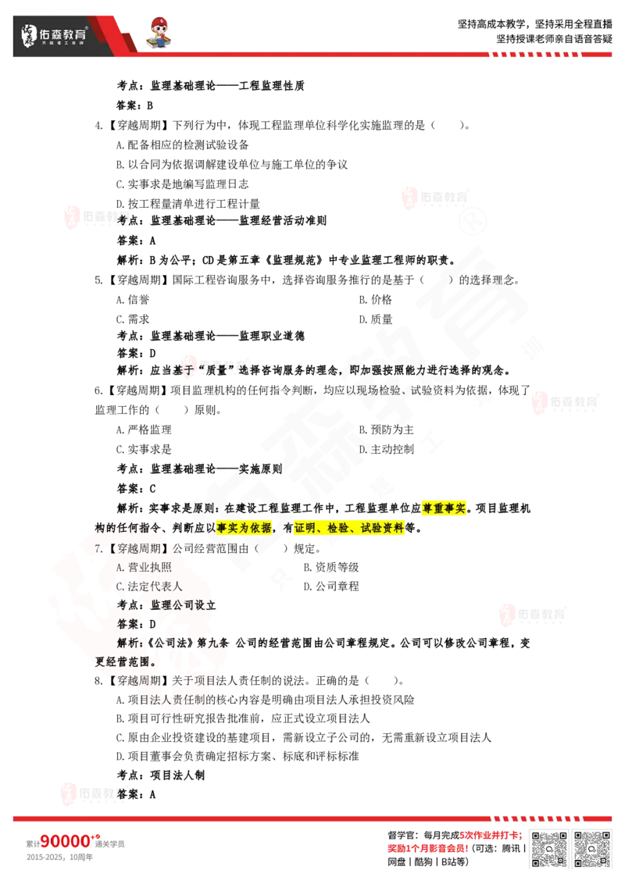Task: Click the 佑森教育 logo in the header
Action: click(x=54, y=35)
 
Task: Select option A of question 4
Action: click(x=182, y=145)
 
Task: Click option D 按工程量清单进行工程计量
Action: click(x=187, y=204)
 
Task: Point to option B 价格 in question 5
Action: click(x=375, y=299)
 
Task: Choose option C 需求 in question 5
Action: click(x=133, y=319)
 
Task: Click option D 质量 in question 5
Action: click(x=375, y=319)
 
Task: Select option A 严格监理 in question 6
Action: click(x=144, y=430)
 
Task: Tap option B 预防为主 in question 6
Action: click(x=387, y=430)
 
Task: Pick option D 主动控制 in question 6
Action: click(x=387, y=449)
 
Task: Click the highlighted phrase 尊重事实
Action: click(x=444, y=508)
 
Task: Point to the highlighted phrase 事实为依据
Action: click(x=244, y=528)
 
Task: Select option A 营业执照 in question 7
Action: click(x=144, y=567)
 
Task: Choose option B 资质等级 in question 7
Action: click(x=331, y=567)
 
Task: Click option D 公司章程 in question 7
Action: click(x=331, y=586)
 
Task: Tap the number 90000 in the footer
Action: click(x=65, y=842)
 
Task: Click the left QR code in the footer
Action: click(x=549, y=849)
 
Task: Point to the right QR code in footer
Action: click(x=591, y=849)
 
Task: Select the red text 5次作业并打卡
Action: click(x=490, y=835)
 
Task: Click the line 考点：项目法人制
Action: click(x=161, y=775)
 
